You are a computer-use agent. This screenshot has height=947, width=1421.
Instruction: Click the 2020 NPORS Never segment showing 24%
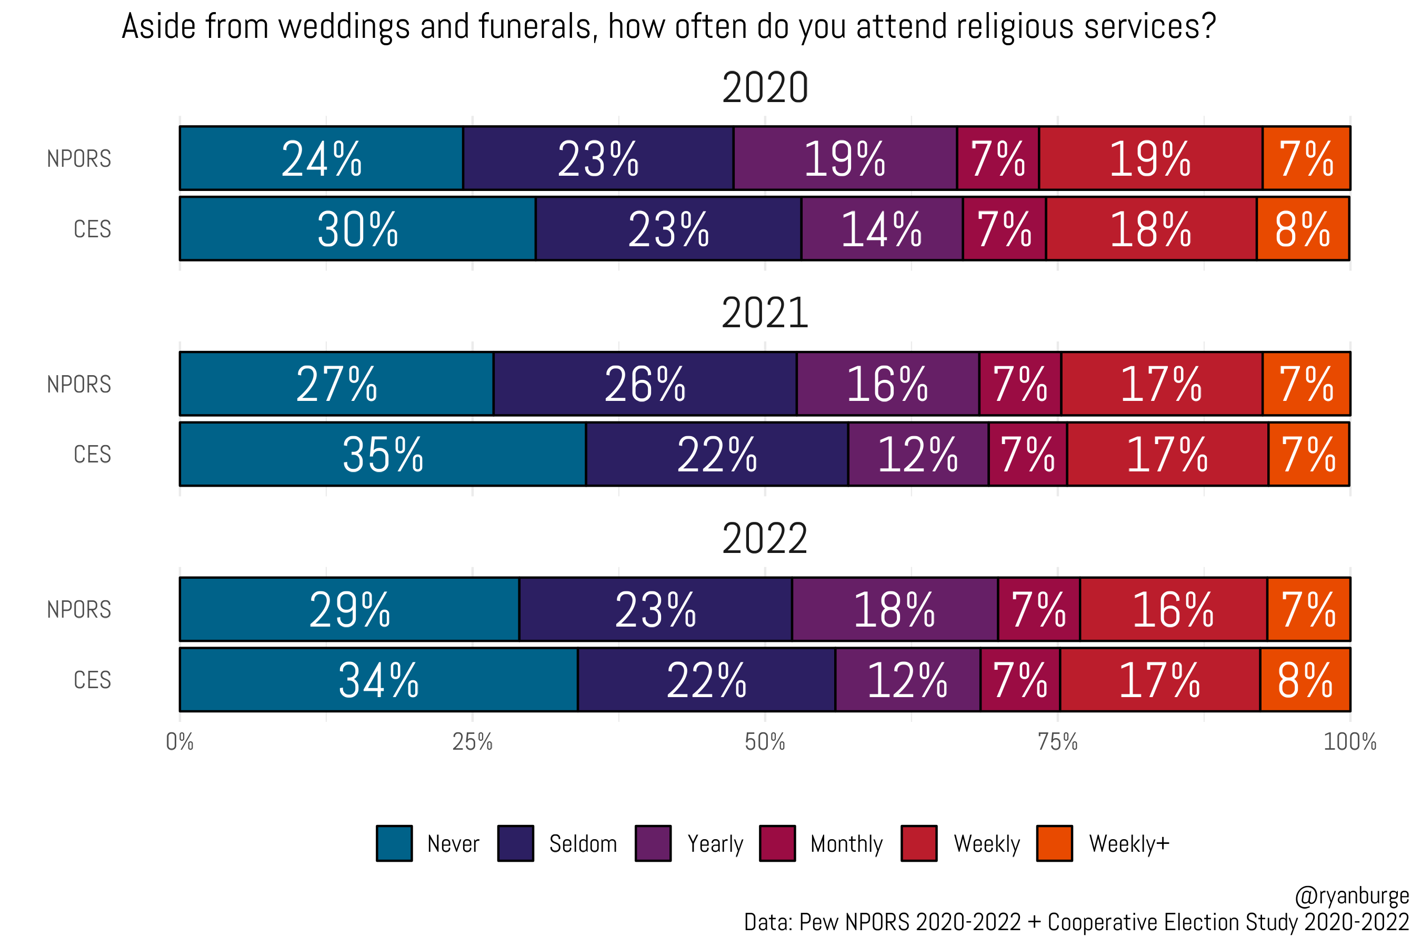point(322,158)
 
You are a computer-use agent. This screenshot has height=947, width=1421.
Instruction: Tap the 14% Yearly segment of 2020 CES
point(882,229)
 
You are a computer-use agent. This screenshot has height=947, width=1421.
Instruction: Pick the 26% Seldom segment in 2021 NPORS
point(645,384)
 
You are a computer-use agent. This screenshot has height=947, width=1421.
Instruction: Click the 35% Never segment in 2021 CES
point(383,454)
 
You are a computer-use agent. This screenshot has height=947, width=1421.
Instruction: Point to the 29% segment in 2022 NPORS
point(349,609)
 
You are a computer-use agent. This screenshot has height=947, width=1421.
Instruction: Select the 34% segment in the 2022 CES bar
point(378,679)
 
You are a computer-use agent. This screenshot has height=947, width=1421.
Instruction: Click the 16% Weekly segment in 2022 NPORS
point(1173,609)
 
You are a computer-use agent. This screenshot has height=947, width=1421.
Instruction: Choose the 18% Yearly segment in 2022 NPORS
point(894,609)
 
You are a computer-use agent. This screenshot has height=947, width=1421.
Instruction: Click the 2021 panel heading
point(764,313)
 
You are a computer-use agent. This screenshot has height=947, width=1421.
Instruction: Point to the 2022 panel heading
point(764,538)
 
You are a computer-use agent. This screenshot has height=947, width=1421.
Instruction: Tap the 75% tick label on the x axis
point(1057,742)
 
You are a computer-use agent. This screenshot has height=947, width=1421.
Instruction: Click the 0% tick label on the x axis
point(179,742)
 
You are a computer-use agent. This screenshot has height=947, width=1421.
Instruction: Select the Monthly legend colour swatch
point(777,843)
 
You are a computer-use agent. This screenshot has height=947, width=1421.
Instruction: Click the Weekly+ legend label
point(1128,844)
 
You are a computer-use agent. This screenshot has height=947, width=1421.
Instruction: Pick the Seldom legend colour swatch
point(515,843)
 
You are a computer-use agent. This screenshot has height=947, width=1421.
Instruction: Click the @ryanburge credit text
point(1352,895)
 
